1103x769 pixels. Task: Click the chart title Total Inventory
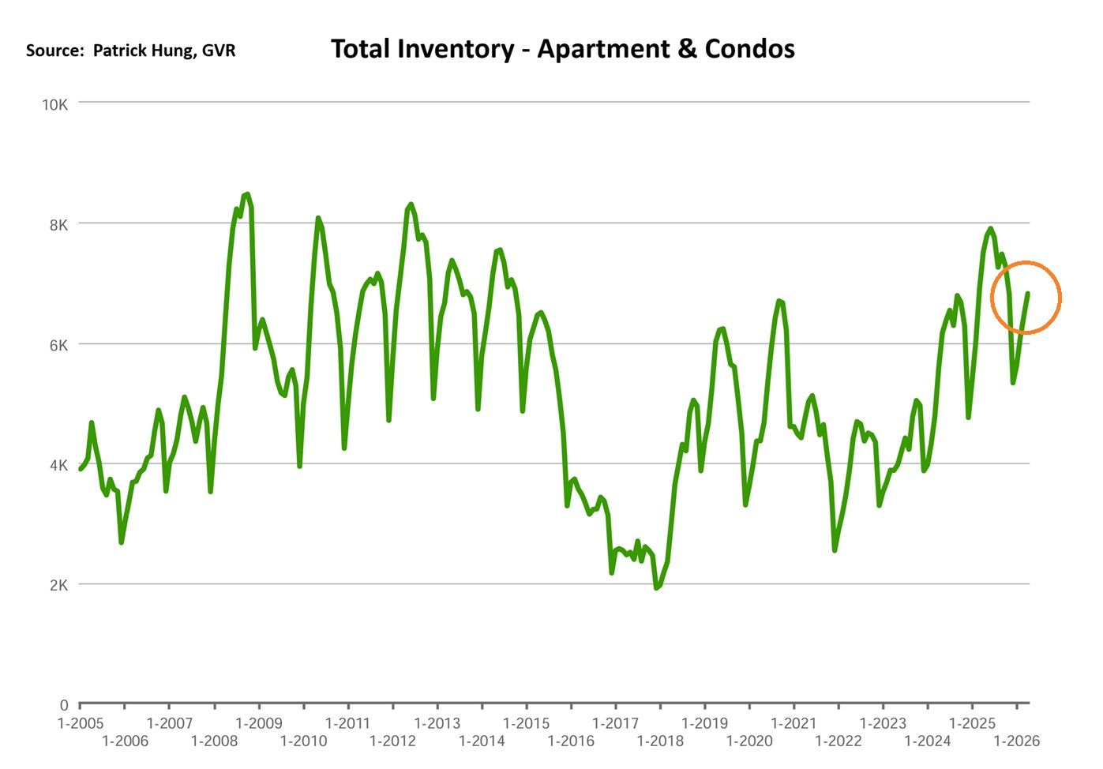click(422, 50)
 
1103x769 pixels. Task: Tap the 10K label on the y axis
click(54, 105)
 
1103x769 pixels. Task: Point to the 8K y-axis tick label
click(58, 225)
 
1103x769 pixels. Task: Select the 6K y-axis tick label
click(58, 345)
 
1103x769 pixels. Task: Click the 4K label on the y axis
click(58, 465)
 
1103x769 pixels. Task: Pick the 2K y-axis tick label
click(58, 585)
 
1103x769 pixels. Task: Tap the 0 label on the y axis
click(63, 706)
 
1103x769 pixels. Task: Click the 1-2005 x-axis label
click(81, 723)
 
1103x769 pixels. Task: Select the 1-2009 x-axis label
click(258, 723)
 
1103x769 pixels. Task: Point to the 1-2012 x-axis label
click(392, 741)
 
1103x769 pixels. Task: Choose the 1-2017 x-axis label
click(615, 723)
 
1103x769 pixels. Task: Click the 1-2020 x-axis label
click(749, 741)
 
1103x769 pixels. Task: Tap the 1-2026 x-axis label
click(1017, 741)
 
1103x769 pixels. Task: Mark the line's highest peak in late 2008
click(247, 194)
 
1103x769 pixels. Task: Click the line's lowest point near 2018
click(656, 587)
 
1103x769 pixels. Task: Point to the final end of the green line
click(1028, 294)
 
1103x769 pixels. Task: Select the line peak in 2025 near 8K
click(990, 229)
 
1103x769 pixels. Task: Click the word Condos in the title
click(749, 50)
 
